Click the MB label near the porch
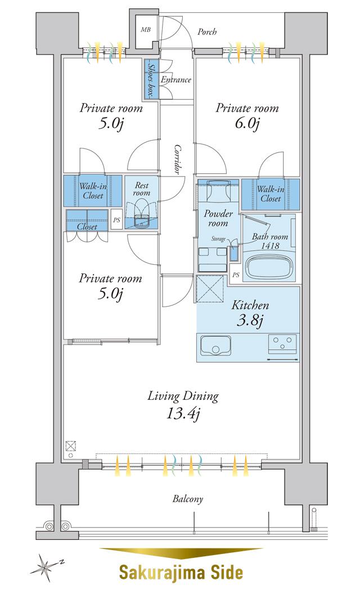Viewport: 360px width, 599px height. (145, 29)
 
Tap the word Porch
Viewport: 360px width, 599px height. (207, 31)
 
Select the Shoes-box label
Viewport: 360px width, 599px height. (151, 79)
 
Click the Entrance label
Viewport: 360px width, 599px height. (176, 80)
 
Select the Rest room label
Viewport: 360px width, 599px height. (141, 189)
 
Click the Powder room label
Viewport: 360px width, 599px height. (218, 218)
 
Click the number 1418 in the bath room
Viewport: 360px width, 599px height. (270, 246)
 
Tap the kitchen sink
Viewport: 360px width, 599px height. (215, 345)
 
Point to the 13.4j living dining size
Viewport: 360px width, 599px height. (183, 413)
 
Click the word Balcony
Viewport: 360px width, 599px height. (188, 499)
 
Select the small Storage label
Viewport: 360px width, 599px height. (218, 239)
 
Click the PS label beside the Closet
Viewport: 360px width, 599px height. (116, 220)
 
